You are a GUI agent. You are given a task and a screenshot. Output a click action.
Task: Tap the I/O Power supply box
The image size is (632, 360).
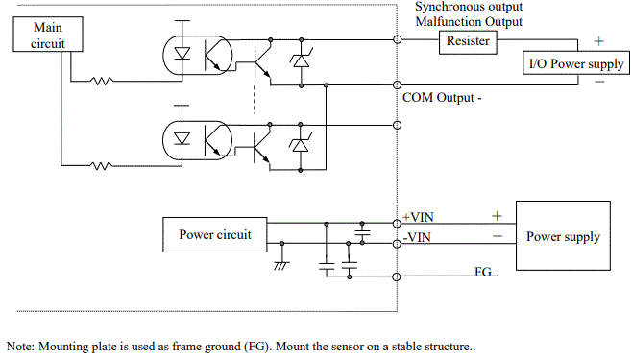click(x=575, y=64)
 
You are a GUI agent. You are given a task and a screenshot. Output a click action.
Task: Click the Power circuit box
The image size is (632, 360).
click(x=214, y=233)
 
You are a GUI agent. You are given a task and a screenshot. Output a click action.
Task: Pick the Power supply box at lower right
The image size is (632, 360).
click(x=562, y=236)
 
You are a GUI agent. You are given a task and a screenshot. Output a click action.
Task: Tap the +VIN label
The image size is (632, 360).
click(x=419, y=217)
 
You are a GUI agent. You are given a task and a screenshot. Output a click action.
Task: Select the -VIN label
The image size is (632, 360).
click(x=417, y=237)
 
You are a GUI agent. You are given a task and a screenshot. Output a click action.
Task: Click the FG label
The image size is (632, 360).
click(x=483, y=273)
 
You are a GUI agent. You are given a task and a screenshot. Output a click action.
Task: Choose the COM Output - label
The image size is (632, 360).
click(x=442, y=97)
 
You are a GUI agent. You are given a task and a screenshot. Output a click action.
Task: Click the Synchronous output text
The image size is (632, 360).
click(x=469, y=7)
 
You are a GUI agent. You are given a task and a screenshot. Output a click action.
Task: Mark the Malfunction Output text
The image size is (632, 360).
click(x=469, y=21)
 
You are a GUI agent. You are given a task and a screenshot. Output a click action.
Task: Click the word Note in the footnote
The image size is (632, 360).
click(x=21, y=346)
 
